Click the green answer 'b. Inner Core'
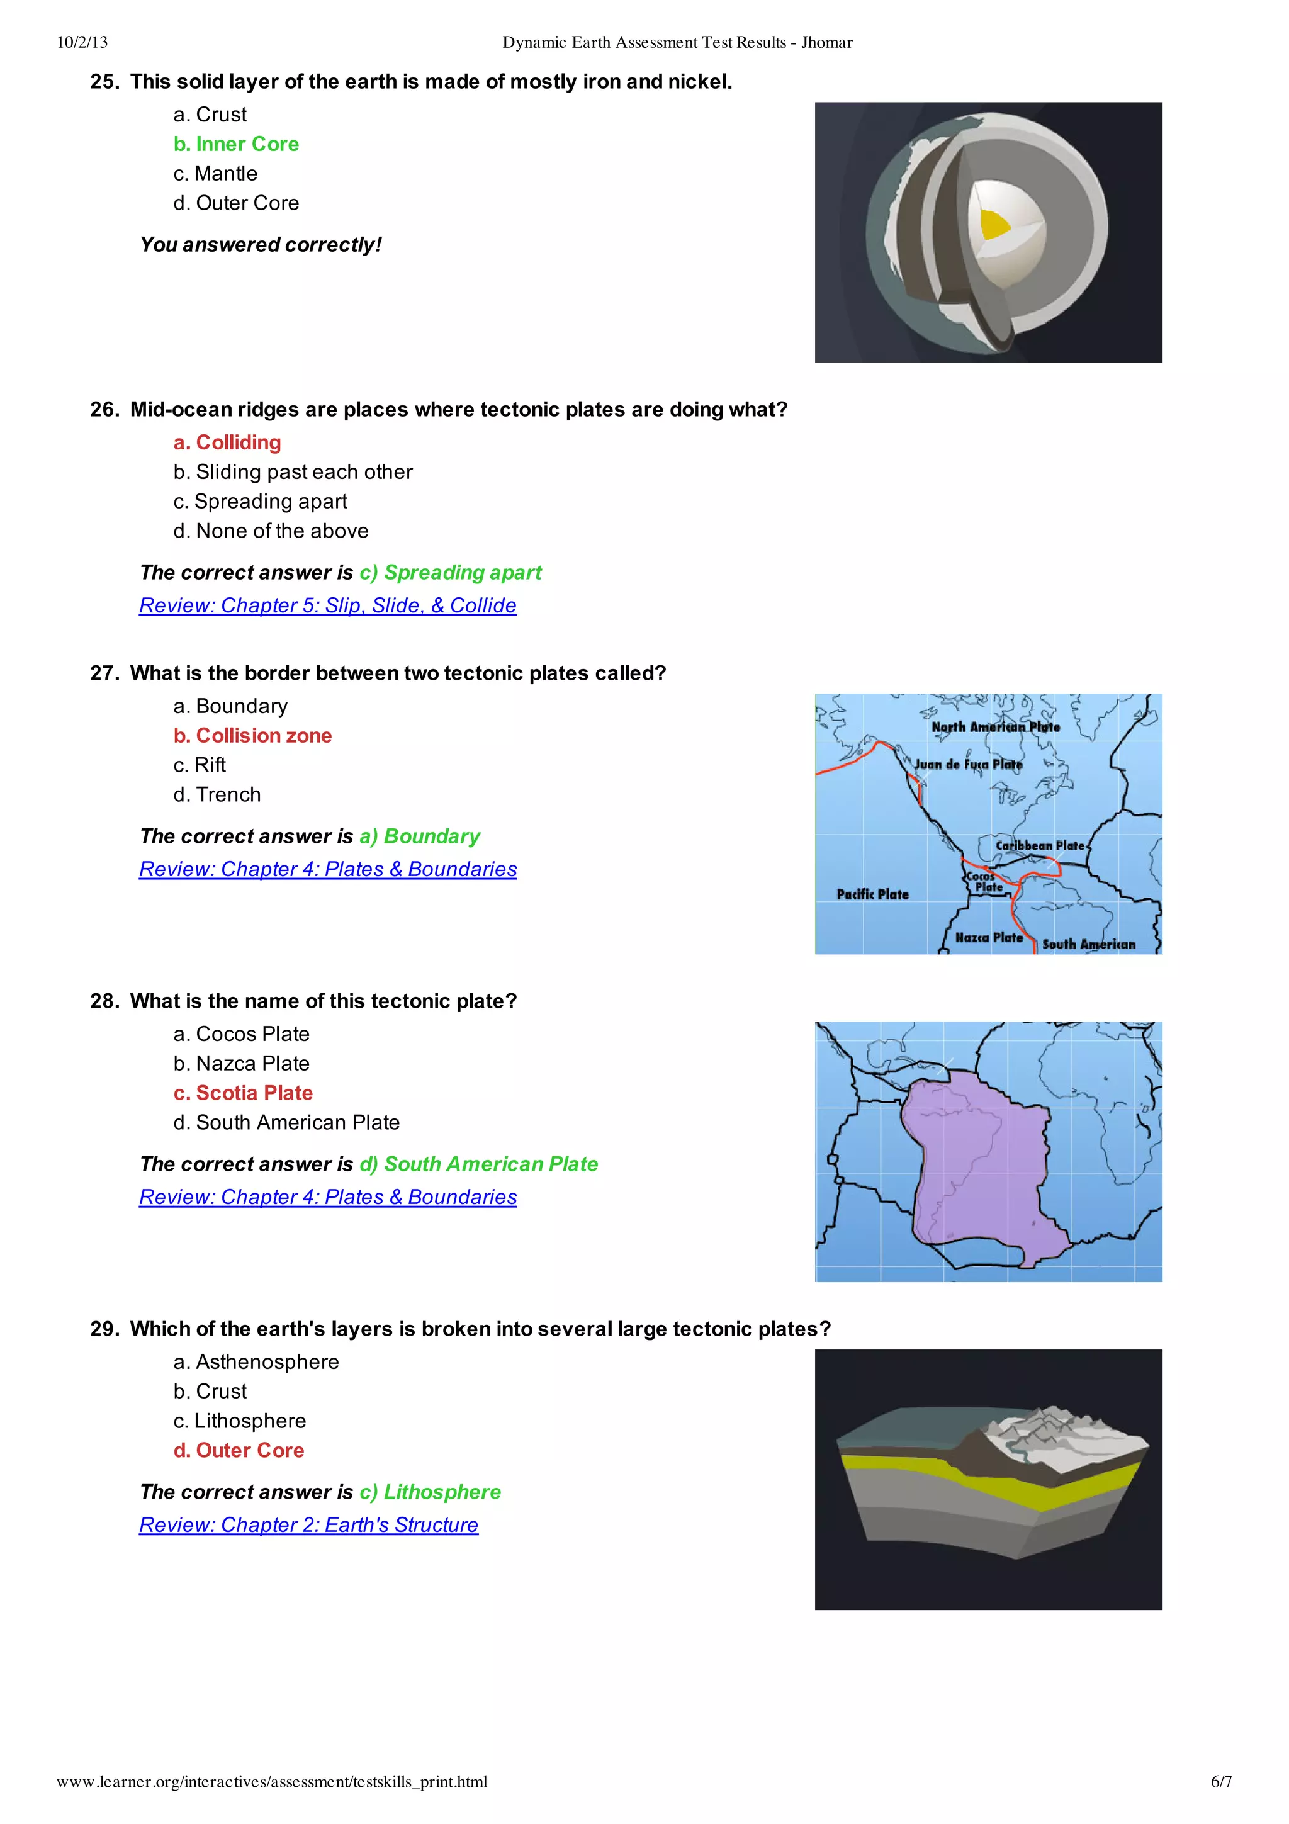236,144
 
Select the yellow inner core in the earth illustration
994,224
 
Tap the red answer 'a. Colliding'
227,442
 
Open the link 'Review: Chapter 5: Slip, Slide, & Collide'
327,605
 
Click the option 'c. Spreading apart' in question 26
261,501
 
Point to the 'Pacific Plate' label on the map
872,894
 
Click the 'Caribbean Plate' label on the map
1040,845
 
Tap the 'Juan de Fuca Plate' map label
967,764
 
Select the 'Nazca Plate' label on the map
988,937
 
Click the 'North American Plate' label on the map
995,727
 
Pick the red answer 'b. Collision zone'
252,736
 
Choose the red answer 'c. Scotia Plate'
243,1093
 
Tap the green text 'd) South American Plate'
478,1164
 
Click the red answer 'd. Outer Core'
239,1451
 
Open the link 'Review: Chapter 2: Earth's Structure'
308,1525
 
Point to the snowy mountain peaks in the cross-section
1056,1430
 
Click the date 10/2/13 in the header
82,42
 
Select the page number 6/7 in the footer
1220,1782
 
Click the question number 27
104,673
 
